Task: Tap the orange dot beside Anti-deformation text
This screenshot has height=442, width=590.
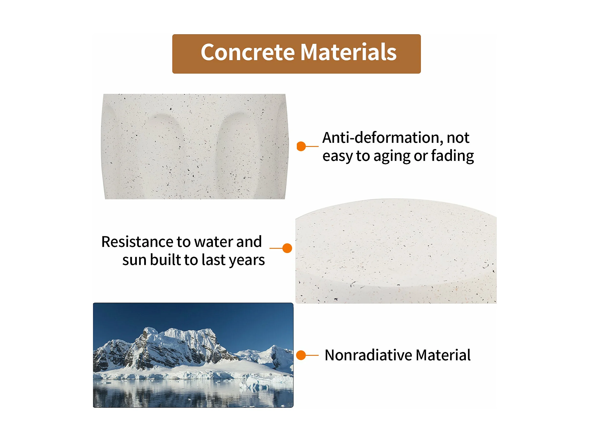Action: click(301, 146)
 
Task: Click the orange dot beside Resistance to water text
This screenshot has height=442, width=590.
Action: click(287, 248)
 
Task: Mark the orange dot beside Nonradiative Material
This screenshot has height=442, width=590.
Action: click(301, 355)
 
